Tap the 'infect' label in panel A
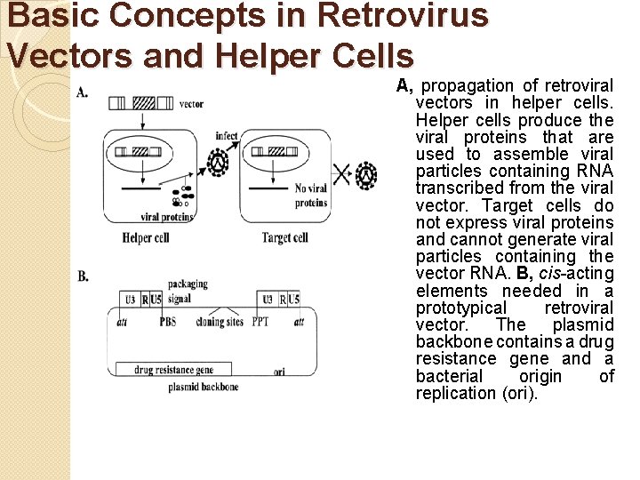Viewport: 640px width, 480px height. point(227,136)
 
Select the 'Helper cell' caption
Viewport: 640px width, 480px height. point(145,237)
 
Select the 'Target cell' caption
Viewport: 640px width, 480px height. point(285,237)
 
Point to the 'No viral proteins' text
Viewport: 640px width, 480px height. point(311,195)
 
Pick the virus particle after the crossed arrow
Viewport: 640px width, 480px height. point(366,173)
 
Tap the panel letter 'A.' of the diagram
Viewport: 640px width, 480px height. point(82,92)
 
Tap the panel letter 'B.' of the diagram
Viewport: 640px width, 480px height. point(83,276)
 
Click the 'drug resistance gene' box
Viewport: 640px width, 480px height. point(174,369)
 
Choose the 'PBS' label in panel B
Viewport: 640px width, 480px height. point(168,322)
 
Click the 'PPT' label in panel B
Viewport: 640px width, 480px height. point(260,322)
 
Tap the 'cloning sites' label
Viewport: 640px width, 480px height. point(220,322)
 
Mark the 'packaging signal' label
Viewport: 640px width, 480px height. point(187,291)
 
